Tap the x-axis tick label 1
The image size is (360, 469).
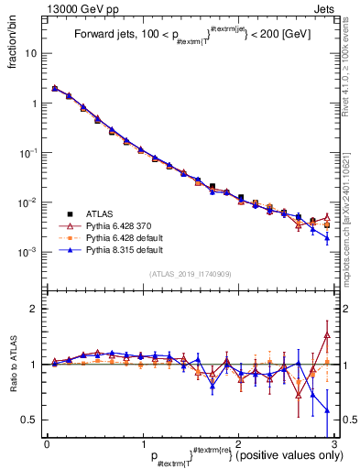point(143,443)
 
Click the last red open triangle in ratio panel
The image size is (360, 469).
point(327,335)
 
